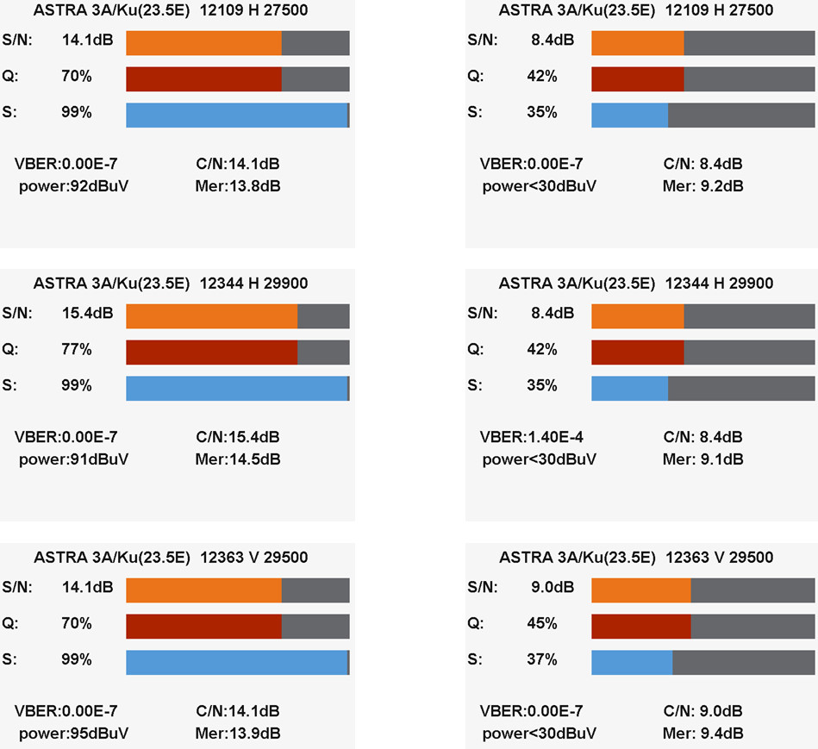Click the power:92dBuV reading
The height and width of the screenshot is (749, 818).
pos(73,185)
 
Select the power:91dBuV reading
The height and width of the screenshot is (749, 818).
pos(73,459)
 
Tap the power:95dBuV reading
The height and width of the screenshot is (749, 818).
pos(73,733)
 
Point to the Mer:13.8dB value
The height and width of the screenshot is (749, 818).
pos(238,185)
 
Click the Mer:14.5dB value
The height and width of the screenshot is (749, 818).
pos(238,459)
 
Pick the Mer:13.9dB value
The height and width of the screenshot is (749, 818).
pos(238,733)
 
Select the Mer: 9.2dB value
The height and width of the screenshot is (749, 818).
pos(702,185)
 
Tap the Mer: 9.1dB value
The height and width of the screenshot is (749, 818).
pos(702,459)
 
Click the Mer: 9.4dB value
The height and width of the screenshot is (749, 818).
pos(702,733)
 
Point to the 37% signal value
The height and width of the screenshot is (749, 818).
pos(541,659)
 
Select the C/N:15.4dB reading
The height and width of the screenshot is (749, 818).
pos(238,437)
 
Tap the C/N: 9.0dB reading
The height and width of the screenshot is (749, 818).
pos(702,710)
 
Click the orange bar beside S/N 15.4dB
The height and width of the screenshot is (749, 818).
pos(212,316)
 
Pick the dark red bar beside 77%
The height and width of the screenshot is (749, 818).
pos(212,353)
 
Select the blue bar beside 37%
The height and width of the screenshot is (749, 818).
pos(632,662)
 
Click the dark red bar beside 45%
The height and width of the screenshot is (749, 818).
pos(641,626)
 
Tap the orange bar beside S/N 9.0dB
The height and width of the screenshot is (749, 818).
pos(641,590)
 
